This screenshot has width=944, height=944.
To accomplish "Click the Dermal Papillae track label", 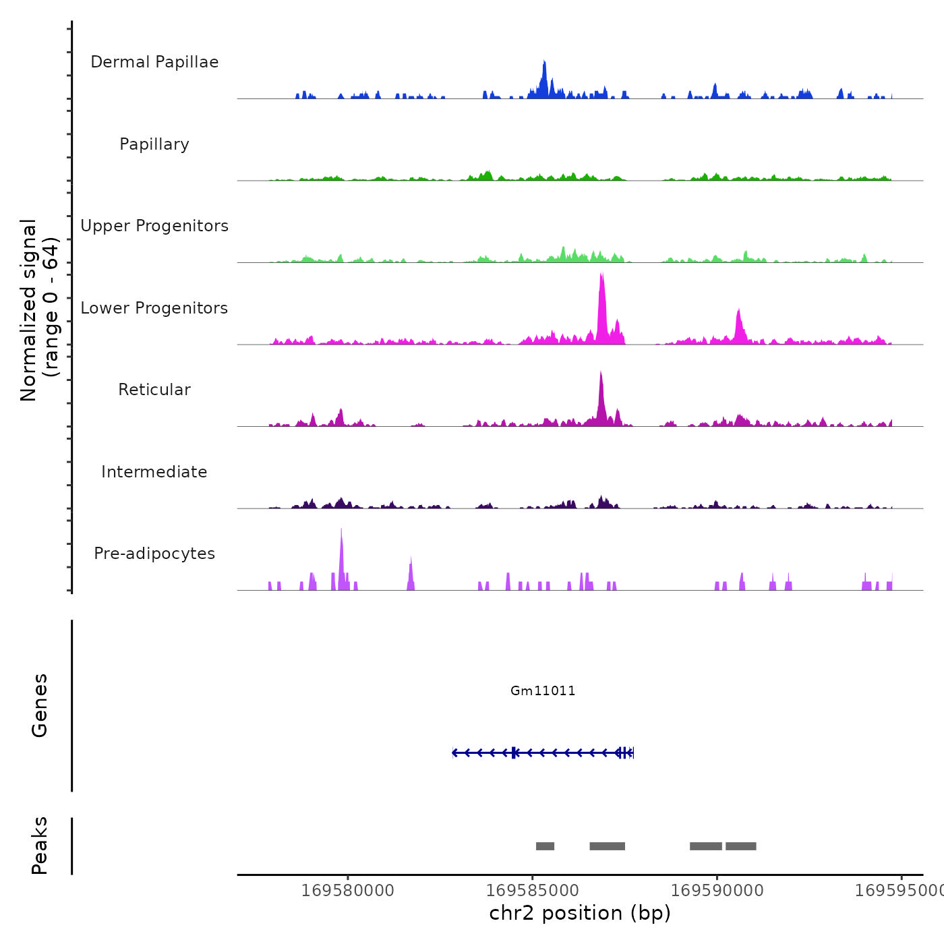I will coord(154,62).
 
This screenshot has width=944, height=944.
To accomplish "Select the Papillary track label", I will coord(154,144).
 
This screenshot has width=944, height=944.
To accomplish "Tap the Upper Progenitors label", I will coord(154,226).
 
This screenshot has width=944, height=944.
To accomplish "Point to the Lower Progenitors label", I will coord(154,308).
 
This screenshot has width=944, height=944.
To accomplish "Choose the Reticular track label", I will coord(154,390).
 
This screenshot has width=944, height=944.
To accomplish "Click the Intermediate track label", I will coord(154,472).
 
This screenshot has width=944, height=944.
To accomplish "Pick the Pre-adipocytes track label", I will coord(154,554).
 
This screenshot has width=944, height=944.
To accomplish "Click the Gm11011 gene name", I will coord(543,690).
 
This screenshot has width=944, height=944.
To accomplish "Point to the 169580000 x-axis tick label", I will coord(348,890).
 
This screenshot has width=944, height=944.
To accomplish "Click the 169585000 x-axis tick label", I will coord(532,890).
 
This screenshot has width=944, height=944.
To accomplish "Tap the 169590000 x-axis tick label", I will coord(717,890).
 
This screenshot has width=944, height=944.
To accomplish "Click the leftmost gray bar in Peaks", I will coord(545,846).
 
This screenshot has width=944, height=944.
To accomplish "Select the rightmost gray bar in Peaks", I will coord(740,846).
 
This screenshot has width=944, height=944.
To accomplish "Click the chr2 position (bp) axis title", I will coord(580,913).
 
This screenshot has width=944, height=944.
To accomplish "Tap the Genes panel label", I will coord(40,705).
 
